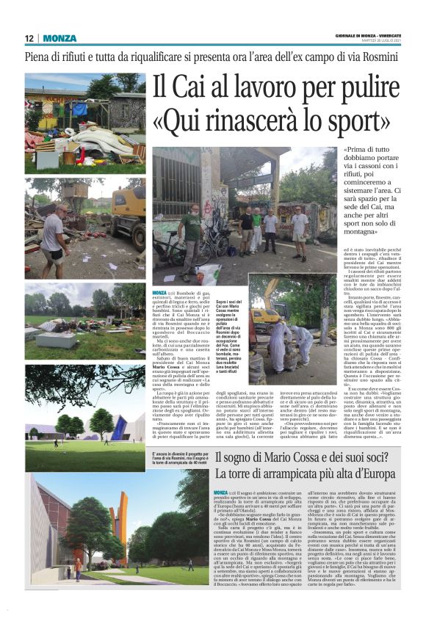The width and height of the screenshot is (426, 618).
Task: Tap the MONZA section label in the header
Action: (x=59, y=37)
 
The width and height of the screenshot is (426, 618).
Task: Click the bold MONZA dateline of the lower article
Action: (x=221, y=492)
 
